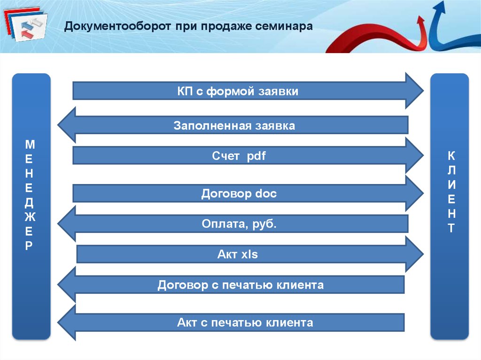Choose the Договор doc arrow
pos(239,193)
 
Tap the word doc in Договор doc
pos(266,193)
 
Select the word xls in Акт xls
pos(249,254)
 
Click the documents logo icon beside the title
pos(26,26)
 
